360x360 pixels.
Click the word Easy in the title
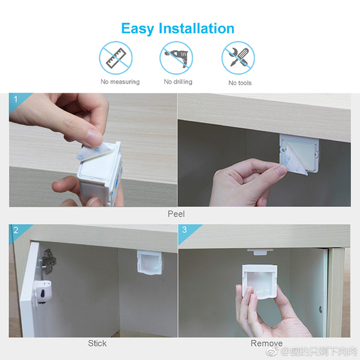[x=137, y=29]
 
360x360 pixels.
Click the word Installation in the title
[x=197, y=28]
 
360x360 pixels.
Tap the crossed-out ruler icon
[x=116, y=58]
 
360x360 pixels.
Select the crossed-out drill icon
[x=176, y=58]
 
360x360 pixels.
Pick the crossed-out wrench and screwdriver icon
[x=238, y=58]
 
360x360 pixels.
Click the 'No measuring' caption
[x=120, y=82]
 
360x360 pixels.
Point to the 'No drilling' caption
[x=178, y=82]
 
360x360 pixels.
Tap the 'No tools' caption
[x=240, y=83]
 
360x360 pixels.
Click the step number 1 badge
[x=16, y=99]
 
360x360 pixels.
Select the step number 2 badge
[x=16, y=230]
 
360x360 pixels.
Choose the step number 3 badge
[x=184, y=230]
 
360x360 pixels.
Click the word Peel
[x=176, y=214]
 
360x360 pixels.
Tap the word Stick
[x=97, y=343]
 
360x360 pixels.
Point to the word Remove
[x=266, y=343]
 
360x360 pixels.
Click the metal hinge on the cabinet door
[x=47, y=262]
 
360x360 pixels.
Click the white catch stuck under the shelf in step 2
[x=149, y=262]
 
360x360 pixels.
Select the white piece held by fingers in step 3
[x=260, y=281]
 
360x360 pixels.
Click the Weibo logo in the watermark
[x=272, y=351]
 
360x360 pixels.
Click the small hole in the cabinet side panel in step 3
[x=320, y=310]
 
